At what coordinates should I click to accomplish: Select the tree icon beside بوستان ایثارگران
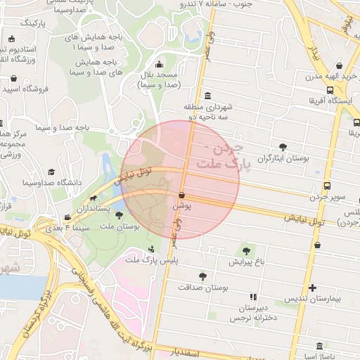pos(283,146)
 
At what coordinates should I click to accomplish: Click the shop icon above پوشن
pos(181,195)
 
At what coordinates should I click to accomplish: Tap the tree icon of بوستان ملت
pos(118,215)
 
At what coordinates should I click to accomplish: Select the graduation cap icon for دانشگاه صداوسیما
pos(51,172)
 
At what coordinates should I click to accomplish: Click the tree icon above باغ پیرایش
pos(245,250)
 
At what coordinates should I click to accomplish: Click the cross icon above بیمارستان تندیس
pos(313,288)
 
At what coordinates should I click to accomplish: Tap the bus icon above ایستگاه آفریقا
pos(330,89)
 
